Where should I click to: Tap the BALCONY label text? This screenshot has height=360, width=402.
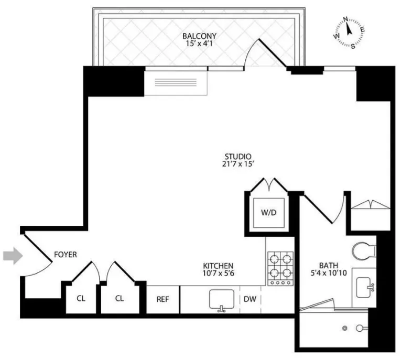(199, 36)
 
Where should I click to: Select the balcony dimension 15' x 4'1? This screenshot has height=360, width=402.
(199, 44)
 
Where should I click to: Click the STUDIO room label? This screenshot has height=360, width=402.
(238, 156)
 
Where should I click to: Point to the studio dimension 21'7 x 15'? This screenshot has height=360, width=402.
(238, 165)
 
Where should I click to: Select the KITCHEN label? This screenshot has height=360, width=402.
(219, 266)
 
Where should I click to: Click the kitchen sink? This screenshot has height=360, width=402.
(222, 300)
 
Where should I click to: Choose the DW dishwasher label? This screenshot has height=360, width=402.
(250, 299)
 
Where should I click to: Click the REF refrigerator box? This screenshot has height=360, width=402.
(162, 299)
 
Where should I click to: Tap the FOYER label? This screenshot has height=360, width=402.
(66, 255)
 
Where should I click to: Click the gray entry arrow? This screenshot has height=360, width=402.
(12, 256)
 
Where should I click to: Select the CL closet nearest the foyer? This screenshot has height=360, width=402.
(81, 299)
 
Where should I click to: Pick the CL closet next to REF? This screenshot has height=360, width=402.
(119, 299)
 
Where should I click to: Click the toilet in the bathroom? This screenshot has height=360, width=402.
(362, 251)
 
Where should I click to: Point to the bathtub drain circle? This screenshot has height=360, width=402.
(345, 329)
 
